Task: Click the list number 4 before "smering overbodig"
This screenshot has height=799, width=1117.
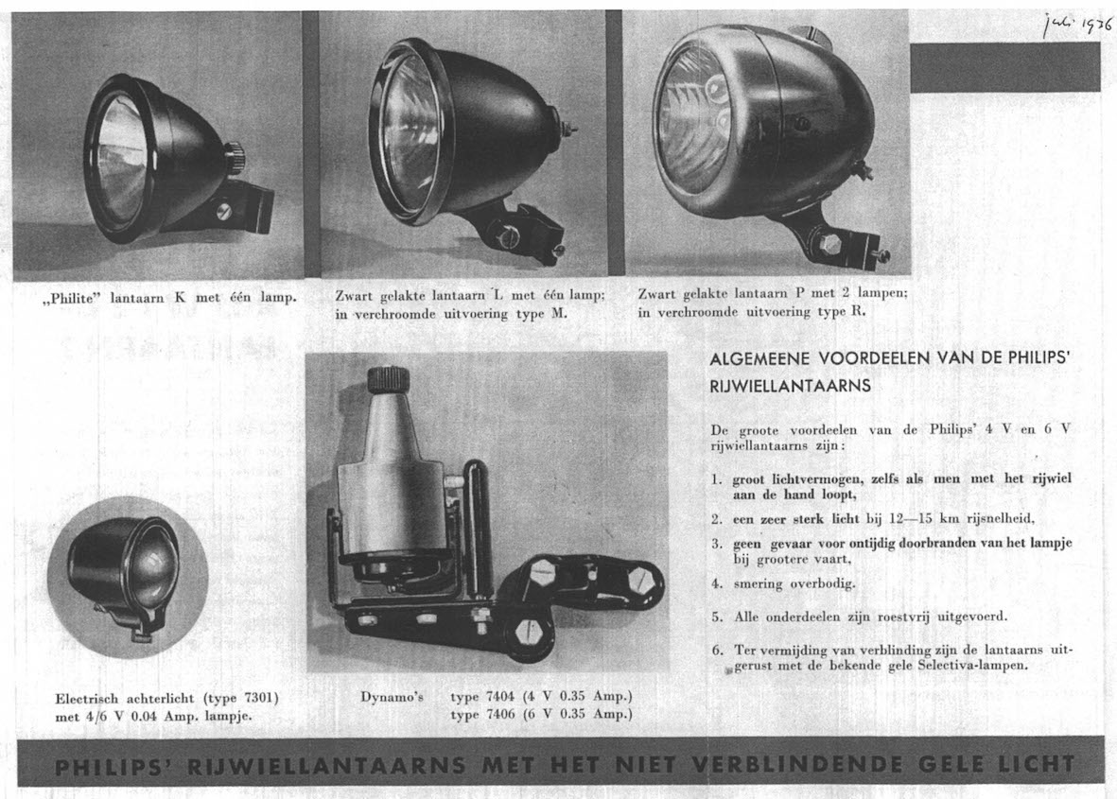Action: point(717,583)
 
